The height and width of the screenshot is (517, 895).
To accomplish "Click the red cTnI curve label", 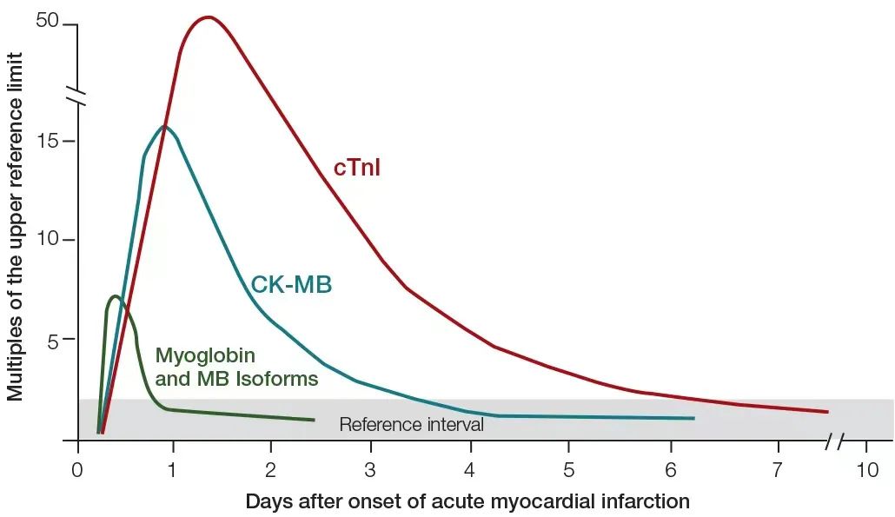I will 356,168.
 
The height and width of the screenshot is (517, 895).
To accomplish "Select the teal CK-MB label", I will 291,284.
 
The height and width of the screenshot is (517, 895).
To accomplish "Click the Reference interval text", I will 411,425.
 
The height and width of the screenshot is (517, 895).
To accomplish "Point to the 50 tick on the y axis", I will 48,21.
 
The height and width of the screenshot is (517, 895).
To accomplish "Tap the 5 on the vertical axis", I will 53,340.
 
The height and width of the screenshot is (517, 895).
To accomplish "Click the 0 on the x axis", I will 77,470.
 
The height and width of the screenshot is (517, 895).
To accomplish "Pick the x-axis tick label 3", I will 371,470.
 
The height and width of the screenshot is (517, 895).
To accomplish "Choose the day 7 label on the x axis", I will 777,470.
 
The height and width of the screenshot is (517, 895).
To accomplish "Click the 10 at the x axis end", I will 866,470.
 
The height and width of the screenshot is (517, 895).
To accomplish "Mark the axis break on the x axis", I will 834,441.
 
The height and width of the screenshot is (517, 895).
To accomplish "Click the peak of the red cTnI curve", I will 209,17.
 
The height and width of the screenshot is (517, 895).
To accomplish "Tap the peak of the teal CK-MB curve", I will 163,127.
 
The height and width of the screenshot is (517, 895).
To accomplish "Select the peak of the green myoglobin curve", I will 116,296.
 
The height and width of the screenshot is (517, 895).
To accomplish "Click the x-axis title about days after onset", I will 467,500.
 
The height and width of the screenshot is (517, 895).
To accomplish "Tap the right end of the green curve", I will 314,420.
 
